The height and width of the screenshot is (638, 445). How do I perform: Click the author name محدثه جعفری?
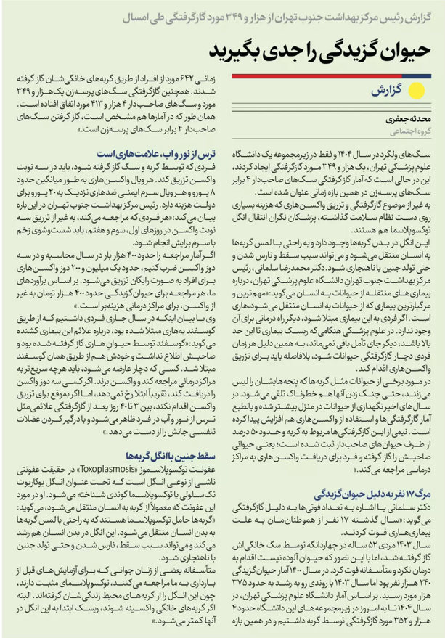[x=407, y=118]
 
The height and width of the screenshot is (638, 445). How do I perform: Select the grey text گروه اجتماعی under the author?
[x=407, y=131]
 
